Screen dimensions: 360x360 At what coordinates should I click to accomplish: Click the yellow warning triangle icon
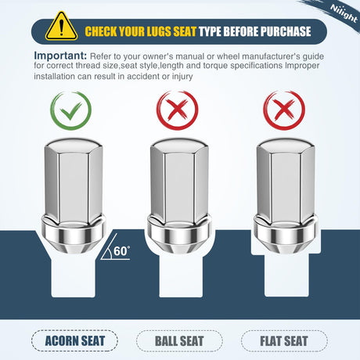click(x=61, y=27)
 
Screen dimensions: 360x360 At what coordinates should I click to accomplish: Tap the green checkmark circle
click(x=70, y=110)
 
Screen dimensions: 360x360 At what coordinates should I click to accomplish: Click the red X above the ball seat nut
click(x=178, y=110)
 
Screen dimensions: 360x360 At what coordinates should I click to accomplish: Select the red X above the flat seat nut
click(x=284, y=110)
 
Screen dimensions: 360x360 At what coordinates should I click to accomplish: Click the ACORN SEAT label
click(x=74, y=341)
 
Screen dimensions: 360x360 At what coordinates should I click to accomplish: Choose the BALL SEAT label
click(x=179, y=341)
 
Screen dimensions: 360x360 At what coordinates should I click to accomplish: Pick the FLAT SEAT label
click(x=284, y=341)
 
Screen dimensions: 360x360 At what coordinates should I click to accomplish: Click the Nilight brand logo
click(x=344, y=13)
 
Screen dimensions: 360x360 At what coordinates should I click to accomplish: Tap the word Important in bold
click(x=60, y=56)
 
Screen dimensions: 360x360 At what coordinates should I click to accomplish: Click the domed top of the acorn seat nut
click(x=74, y=145)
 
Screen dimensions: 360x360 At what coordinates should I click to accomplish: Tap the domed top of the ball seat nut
click(x=179, y=145)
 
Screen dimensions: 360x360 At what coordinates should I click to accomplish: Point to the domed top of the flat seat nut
click(x=286, y=145)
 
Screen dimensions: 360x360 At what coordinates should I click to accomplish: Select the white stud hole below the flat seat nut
click(x=286, y=275)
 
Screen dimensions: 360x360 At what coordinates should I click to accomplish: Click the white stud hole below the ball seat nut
click(x=181, y=276)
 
